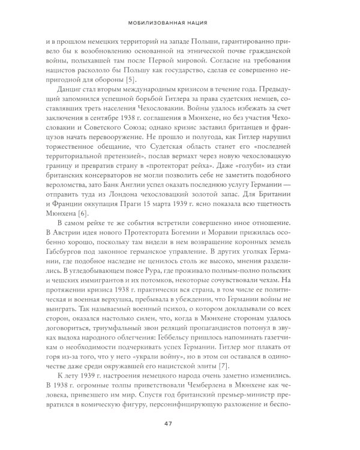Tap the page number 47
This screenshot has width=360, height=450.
180,425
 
